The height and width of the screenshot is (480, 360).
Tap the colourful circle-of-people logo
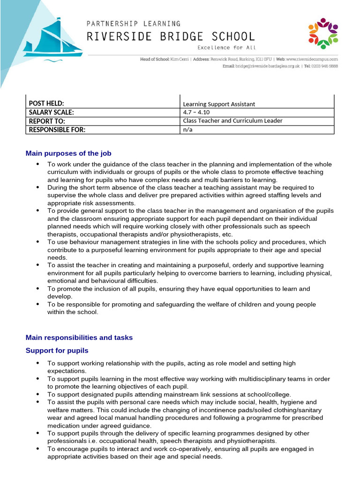[x=323, y=33]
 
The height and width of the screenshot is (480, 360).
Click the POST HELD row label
[x=46, y=104]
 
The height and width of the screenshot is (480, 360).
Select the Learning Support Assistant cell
[x=219, y=104]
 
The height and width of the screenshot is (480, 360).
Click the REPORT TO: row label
[x=47, y=121]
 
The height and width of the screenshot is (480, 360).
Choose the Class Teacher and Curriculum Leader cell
[x=232, y=121]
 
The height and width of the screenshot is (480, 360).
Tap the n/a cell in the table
[x=187, y=130]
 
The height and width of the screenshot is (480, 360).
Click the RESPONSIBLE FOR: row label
[x=57, y=130]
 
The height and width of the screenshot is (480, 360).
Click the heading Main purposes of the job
[x=68, y=153]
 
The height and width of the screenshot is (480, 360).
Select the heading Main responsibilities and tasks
[x=79, y=337]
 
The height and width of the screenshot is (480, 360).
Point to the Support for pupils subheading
[x=57, y=351]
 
